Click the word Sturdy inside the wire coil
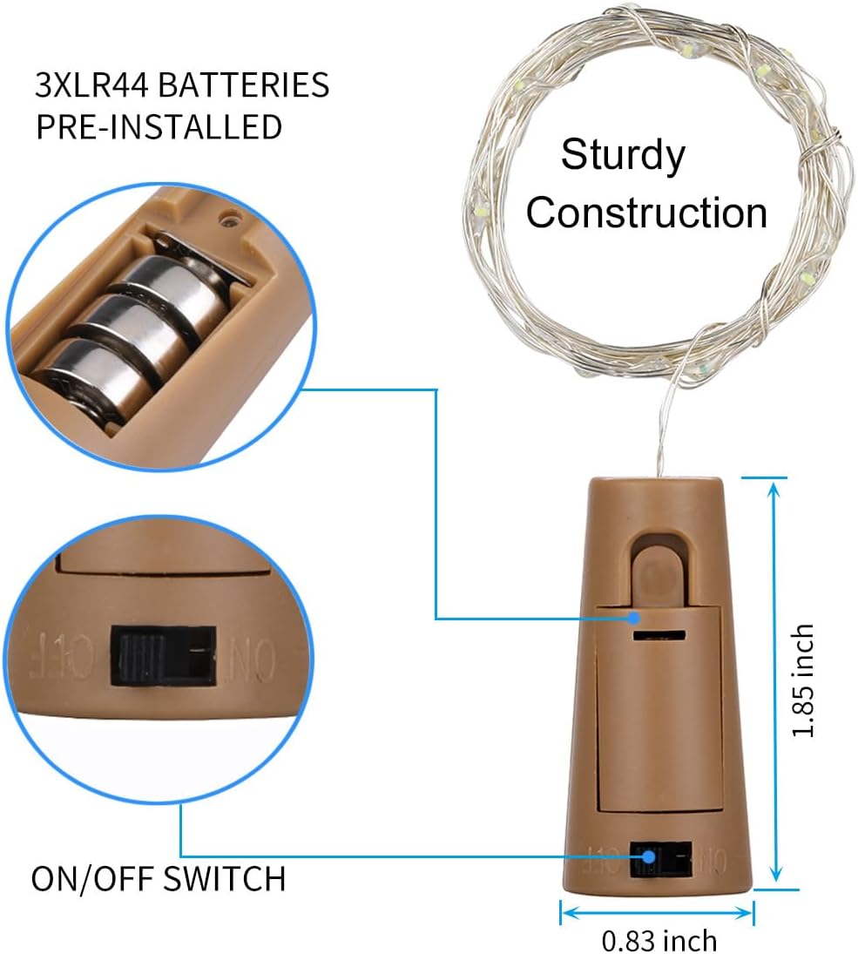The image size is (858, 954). click(623, 156)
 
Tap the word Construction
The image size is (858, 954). click(646, 213)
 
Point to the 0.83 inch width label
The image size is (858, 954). click(659, 940)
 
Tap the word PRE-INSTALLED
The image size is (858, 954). click(159, 126)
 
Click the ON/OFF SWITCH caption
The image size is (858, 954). click(159, 878)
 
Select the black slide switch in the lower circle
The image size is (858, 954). click(164, 656)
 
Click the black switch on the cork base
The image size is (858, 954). click(659, 860)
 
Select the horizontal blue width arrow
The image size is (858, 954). click(656, 912)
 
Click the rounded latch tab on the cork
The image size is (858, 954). click(659, 567)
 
